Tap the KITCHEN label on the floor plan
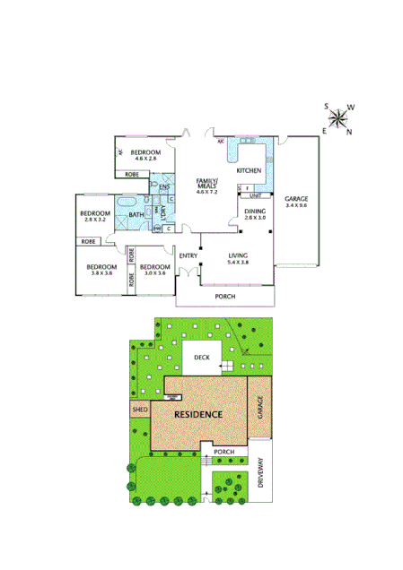[249, 170]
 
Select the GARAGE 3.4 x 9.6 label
[295, 202]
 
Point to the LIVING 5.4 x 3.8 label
[238, 259]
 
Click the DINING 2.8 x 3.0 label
[255, 214]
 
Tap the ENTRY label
[188, 256]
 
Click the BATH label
[136, 215]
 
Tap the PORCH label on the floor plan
[225, 296]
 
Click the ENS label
[165, 187]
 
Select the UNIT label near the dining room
[255, 194]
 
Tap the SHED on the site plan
[139, 410]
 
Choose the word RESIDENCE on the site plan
[198, 415]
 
